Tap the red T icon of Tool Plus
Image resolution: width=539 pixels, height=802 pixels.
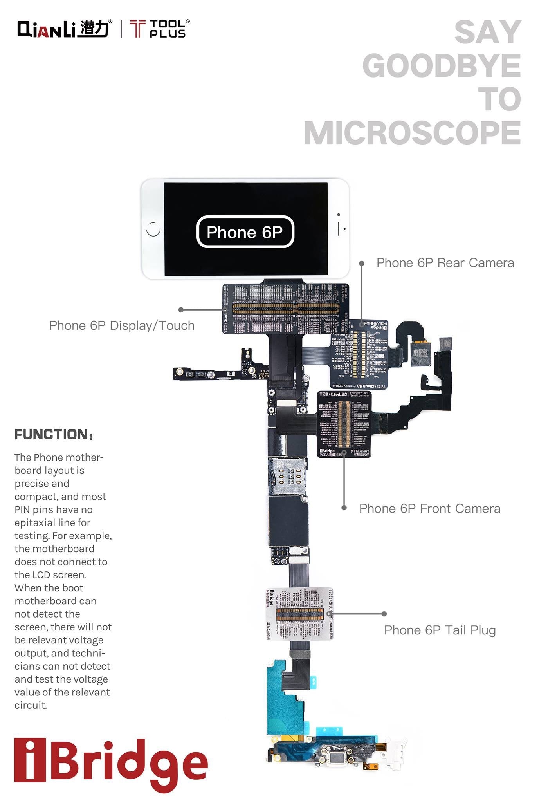click(137, 29)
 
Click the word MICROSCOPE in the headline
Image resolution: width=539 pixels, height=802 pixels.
click(412, 133)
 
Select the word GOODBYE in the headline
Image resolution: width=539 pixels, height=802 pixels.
click(442, 66)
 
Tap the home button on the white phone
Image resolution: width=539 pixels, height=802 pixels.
click(153, 229)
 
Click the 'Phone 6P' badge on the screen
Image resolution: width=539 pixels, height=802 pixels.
click(245, 232)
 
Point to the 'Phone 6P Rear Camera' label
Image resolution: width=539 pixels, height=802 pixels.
click(445, 263)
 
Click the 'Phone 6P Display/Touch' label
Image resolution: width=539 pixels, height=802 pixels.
click(122, 325)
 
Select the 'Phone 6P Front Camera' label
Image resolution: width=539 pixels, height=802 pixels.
click(429, 508)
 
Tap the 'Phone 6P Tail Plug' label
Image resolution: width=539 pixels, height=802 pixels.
click(440, 630)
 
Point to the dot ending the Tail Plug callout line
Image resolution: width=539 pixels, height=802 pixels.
click(384, 614)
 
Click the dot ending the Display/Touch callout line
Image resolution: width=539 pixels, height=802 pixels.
click(181, 310)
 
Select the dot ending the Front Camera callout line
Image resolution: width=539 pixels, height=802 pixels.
click(344, 508)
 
